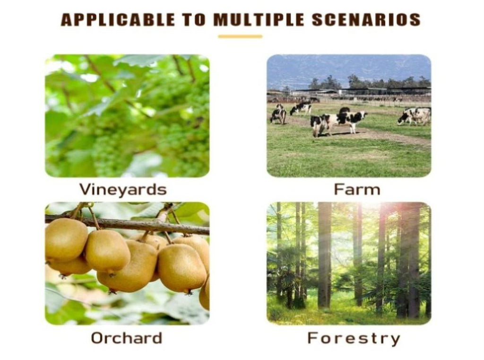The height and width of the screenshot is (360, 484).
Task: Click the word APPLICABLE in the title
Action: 118,19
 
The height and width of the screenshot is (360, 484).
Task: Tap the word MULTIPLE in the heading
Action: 259,19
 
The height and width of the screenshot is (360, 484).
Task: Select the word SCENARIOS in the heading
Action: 366,19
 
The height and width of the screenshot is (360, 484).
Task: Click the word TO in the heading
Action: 194,19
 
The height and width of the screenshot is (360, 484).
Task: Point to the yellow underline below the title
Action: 240,36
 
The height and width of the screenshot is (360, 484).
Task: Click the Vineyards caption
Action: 123,189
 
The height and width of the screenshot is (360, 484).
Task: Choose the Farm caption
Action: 357,189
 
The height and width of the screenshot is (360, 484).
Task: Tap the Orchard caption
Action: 127,338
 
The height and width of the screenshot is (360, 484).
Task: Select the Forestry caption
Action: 354,338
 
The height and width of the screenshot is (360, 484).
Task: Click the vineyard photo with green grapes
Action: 127,116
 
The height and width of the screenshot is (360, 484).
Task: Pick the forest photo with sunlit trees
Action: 349,263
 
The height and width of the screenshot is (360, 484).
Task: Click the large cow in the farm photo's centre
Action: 338,123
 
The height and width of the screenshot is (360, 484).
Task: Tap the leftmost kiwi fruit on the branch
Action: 66,239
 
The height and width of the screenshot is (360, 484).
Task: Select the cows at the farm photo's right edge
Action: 415,116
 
